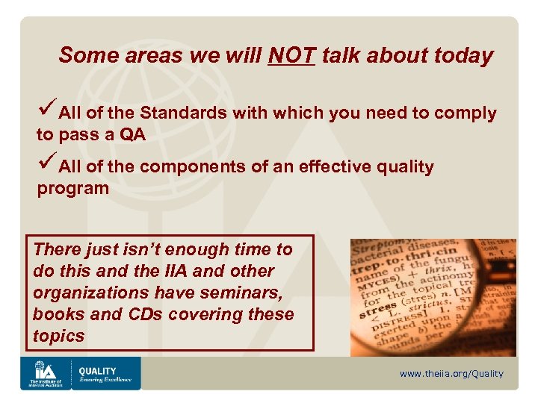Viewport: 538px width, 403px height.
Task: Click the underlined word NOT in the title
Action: [291, 55]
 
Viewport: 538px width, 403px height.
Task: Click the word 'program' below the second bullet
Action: [73, 188]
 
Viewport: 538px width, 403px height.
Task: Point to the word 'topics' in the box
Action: [59, 336]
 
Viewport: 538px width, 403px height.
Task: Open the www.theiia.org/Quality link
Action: [451, 373]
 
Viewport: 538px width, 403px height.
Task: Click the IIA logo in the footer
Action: [45, 372]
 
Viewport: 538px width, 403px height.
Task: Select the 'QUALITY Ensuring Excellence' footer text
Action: [105, 374]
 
